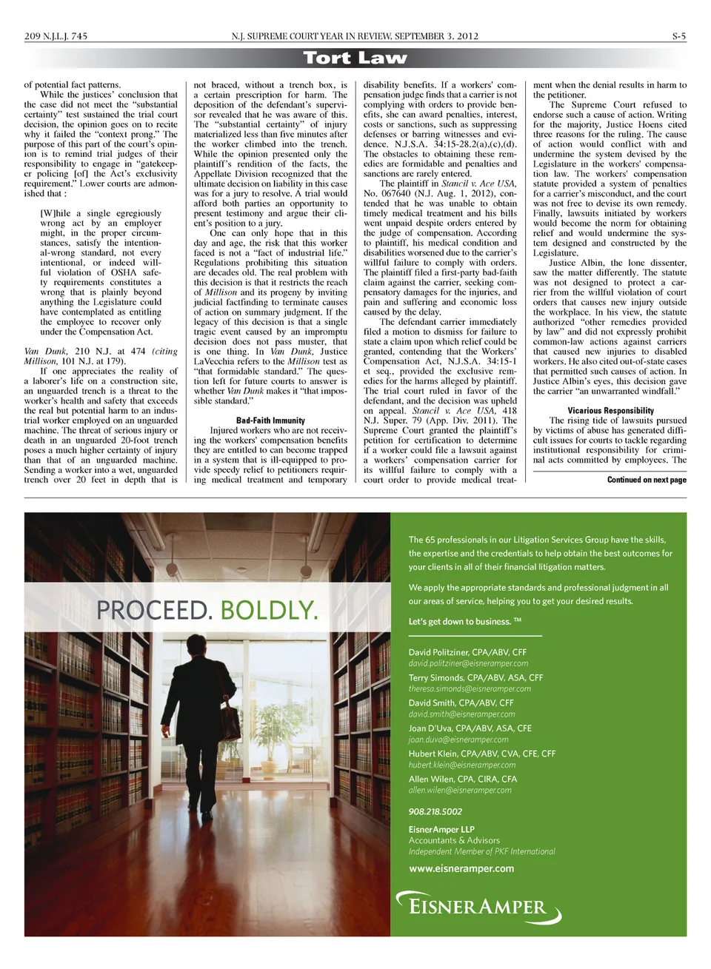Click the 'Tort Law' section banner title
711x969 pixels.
pyautogui.click(x=355, y=58)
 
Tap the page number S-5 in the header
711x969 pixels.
pyautogui.click(x=678, y=36)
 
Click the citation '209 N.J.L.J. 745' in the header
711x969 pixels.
pyautogui.click(x=56, y=36)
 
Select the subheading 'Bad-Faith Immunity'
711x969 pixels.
pyautogui.click(x=270, y=420)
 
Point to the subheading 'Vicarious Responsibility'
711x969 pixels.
pyautogui.click(x=610, y=410)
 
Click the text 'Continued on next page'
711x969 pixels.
pyautogui.click(x=647, y=480)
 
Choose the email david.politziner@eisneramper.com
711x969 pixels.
pyautogui.click(x=468, y=663)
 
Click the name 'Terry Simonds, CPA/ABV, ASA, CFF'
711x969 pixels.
pyautogui.click(x=475, y=677)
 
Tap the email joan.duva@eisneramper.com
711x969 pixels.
pyautogui.click(x=458, y=740)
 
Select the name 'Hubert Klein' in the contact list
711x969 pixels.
pyautogui.click(x=433, y=754)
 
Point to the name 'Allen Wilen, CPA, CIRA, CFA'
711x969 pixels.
pyautogui.click(x=462, y=779)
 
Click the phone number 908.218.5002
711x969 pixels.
pyautogui.click(x=435, y=811)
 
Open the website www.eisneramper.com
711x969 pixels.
pyautogui.click(x=461, y=868)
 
